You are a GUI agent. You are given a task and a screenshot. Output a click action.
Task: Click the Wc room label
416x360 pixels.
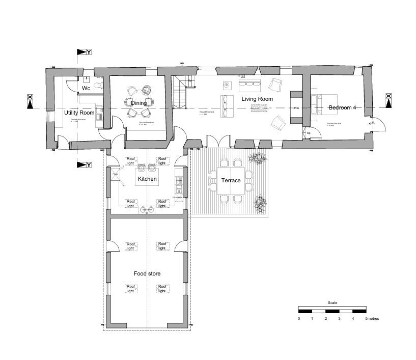pyautogui.click(x=86, y=89)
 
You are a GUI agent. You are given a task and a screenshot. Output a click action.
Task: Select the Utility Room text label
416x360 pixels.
pyautogui.click(x=79, y=113)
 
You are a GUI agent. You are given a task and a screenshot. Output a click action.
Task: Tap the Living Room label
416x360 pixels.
pyautogui.click(x=257, y=99)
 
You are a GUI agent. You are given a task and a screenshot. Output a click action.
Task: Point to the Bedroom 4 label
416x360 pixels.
pyautogui.click(x=343, y=108)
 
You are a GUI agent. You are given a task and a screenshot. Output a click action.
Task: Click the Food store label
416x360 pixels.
pyautogui.click(x=147, y=274)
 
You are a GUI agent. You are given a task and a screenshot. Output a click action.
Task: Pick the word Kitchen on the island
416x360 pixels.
pyautogui.click(x=147, y=179)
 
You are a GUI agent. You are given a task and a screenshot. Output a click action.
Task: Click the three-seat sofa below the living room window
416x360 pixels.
pyautogui.click(x=249, y=82)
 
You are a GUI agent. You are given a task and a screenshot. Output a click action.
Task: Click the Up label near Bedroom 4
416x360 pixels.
pyautogui.click(x=309, y=133)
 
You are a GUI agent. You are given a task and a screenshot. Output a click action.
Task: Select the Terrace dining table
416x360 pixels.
pyautogui.click(x=231, y=181)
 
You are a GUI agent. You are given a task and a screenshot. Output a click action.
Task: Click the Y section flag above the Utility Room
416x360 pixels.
pyautogui.click(x=83, y=52)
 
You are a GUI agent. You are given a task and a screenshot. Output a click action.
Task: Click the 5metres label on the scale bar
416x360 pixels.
pyautogui.click(x=372, y=319)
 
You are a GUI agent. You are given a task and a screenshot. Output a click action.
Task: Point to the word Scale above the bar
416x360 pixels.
pyautogui.click(x=332, y=303)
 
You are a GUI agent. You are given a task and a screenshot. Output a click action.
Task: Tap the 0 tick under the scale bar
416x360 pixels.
pyautogui.click(x=299, y=319)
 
